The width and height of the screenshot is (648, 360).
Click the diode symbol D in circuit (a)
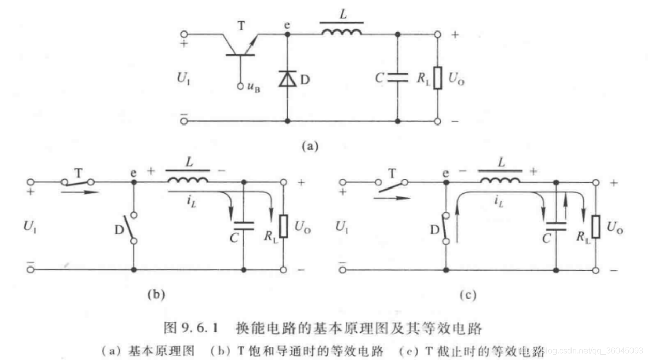pyautogui.click(x=287, y=79)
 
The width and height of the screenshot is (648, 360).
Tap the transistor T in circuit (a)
pyautogui.click(x=240, y=45)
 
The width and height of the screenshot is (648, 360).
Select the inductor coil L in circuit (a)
pyautogui.click(x=342, y=33)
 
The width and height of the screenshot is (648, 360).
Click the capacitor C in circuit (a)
pyautogui.click(x=397, y=78)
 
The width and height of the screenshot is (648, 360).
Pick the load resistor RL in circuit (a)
pyautogui.click(x=437, y=78)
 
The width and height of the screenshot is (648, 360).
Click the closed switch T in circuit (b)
pyautogui.click(x=77, y=182)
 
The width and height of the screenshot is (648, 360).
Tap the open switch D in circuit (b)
pyautogui.click(x=134, y=227)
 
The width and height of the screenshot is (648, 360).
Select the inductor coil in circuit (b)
pyautogui.click(x=188, y=180)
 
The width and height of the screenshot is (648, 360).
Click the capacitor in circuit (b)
pyautogui.click(x=243, y=225)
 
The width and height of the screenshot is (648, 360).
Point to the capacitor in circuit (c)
pyautogui.click(x=556, y=225)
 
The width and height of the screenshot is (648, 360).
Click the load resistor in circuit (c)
pyautogui.click(x=596, y=227)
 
